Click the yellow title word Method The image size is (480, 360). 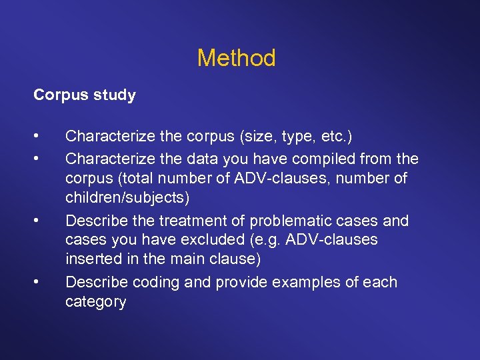(236, 58)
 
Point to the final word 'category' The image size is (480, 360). (95, 302)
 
